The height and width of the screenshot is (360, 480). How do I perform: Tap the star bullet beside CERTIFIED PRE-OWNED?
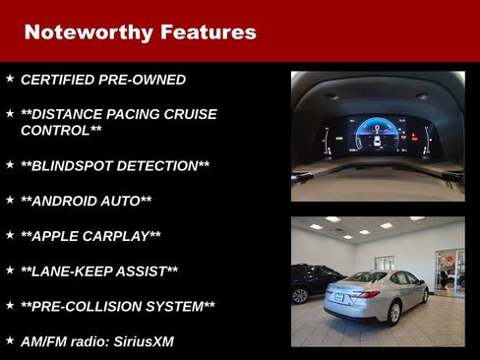coord(10,78)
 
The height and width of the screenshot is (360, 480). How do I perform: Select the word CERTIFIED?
coord(60,80)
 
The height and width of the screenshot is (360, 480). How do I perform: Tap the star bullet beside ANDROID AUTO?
coord(10,199)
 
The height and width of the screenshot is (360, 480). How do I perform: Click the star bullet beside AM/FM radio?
coord(10,339)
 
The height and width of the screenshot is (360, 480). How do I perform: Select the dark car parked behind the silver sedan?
coord(306,284)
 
